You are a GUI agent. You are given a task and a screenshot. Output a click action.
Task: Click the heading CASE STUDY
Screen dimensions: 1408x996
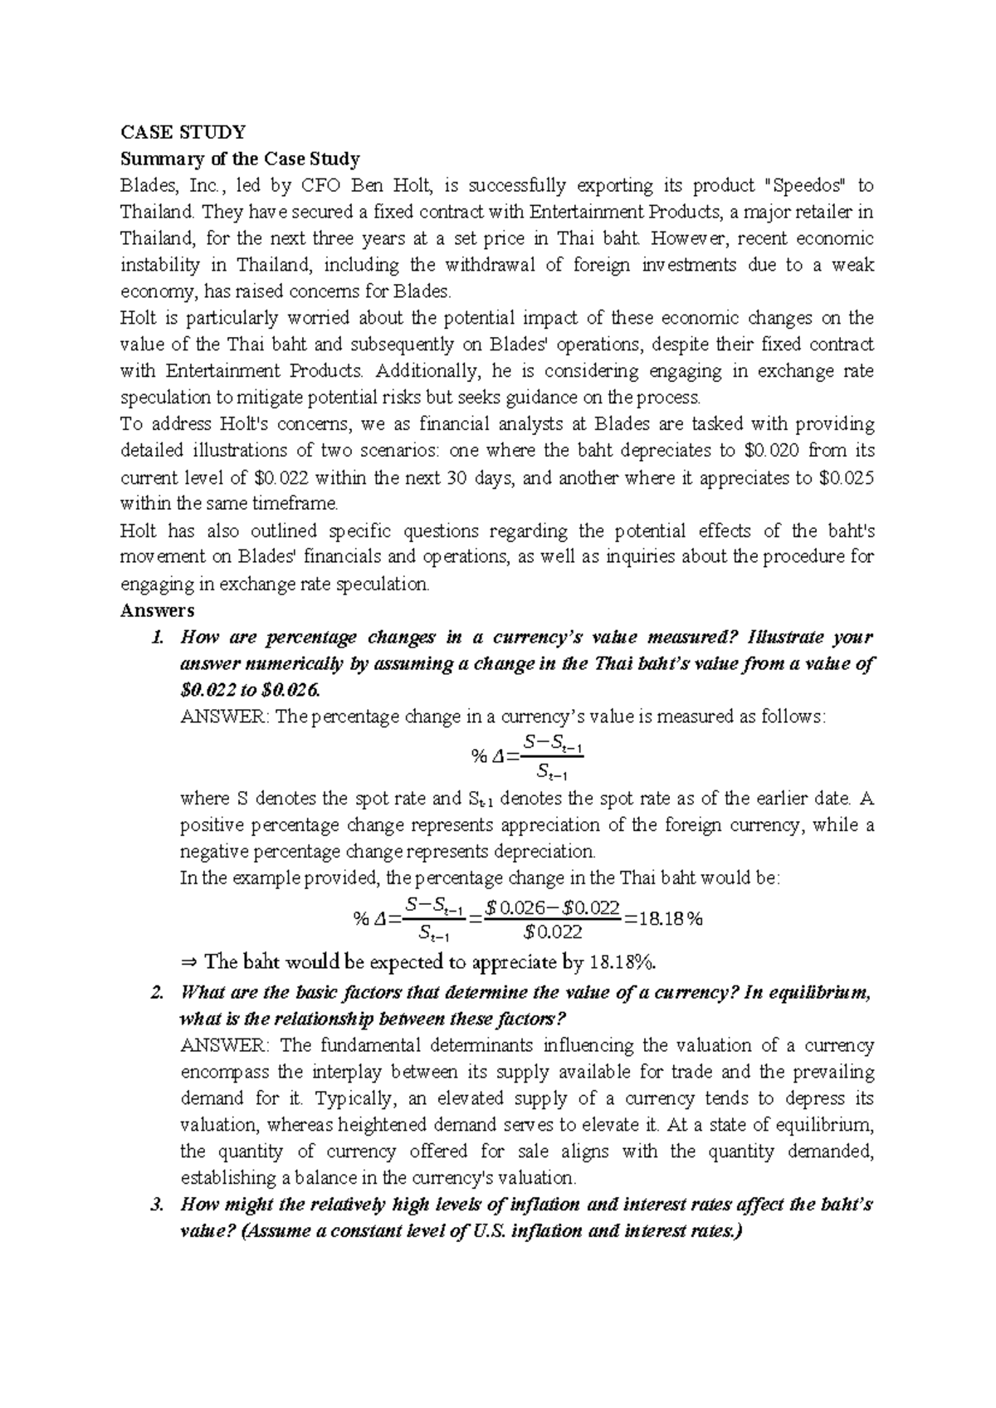pos(183,132)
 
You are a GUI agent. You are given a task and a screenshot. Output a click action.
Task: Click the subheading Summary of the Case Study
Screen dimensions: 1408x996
pos(240,159)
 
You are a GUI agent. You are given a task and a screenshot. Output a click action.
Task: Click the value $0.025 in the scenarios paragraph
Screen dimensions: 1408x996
pos(846,477)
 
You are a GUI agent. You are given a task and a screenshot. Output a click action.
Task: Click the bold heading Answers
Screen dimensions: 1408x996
pos(157,610)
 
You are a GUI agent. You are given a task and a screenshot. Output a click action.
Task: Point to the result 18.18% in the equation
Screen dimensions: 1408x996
pos(671,918)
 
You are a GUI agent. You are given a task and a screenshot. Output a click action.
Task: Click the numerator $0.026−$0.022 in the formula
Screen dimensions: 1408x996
pos(553,907)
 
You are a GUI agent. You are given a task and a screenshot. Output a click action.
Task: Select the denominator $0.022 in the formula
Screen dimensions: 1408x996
pos(554,931)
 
